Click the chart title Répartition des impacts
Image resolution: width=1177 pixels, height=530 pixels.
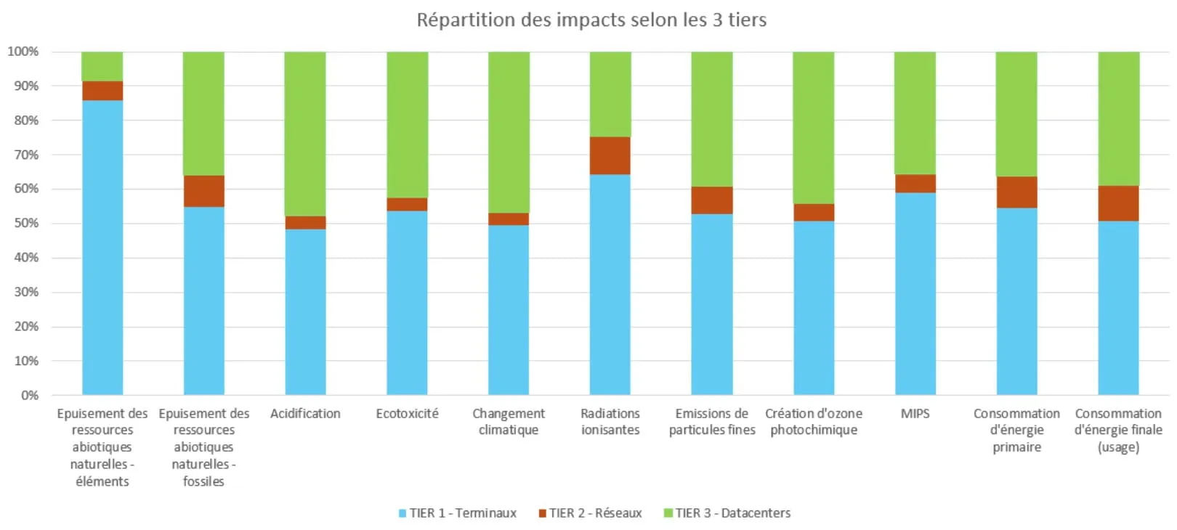click(x=591, y=20)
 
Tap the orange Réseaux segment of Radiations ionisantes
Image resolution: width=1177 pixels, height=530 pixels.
click(x=610, y=155)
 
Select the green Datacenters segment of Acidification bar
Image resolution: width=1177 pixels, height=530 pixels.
click(x=305, y=134)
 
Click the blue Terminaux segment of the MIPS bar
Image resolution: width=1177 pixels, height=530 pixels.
click(x=915, y=293)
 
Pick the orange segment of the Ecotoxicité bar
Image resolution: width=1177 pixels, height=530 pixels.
click(x=407, y=204)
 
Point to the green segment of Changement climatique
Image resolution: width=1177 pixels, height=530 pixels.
click(x=509, y=132)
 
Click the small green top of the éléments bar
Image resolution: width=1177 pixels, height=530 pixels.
click(x=102, y=66)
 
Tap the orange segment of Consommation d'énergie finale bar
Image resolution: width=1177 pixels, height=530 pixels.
click(x=1118, y=203)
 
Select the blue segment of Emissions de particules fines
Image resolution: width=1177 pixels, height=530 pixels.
click(x=712, y=304)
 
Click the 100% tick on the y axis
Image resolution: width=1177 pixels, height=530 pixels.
click(x=23, y=52)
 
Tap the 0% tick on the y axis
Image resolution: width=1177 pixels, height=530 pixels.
click(x=29, y=396)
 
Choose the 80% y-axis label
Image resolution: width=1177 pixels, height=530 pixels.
click(x=26, y=121)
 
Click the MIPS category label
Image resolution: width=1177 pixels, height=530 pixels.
click(x=915, y=413)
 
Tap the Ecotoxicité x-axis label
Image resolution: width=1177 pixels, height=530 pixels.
click(x=407, y=413)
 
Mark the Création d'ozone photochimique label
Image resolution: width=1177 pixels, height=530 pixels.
click(x=814, y=421)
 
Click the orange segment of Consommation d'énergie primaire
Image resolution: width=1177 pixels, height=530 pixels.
click(x=1016, y=192)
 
